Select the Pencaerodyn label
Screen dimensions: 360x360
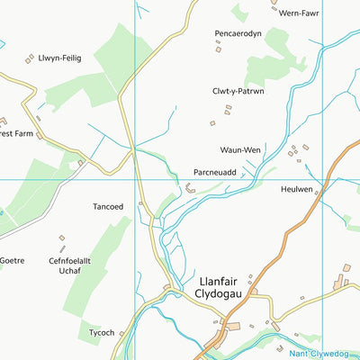[x=238, y=33]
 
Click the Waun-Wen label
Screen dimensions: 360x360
[x=241, y=149]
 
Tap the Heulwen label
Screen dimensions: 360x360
[x=297, y=190]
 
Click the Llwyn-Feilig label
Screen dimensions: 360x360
[x=59, y=58]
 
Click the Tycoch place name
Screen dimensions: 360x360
[x=102, y=332]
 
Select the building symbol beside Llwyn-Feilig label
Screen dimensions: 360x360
[x=30, y=59]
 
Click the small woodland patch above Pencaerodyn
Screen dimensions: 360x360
[x=238, y=12]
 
